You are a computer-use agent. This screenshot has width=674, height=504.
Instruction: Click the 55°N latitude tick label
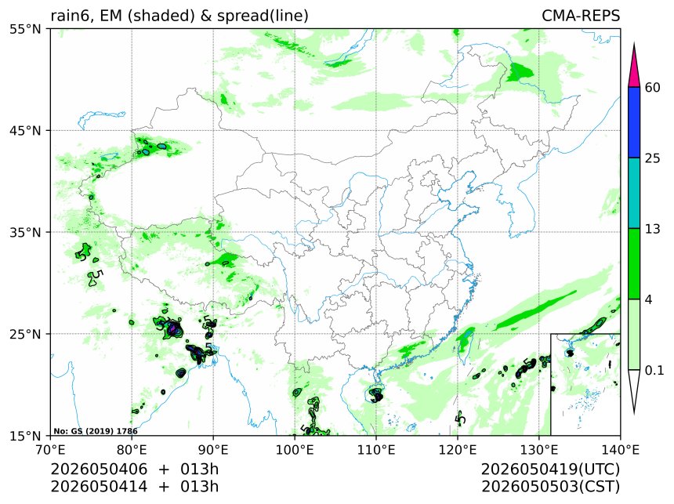click(x=24, y=29)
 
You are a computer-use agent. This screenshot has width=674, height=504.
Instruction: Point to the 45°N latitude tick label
click(x=24, y=131)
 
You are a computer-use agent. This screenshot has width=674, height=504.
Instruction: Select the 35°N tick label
click(x=24, y=233)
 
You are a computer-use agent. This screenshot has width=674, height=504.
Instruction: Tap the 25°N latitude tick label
click(x=24, y=334)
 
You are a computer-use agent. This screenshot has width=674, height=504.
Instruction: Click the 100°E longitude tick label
click(x=295, y=450)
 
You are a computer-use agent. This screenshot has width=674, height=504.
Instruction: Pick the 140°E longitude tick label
click(x=620, y=450)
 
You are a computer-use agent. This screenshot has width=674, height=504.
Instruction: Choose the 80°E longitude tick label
click(x=132, y=450)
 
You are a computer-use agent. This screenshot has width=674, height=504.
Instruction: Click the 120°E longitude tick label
click(x=458, y=450)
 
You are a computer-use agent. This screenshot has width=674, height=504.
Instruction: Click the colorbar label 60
click(x=653, y=88)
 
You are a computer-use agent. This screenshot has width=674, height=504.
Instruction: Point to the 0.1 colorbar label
click(x=654, y=370)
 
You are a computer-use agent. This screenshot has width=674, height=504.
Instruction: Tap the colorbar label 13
click(x=653, y=229)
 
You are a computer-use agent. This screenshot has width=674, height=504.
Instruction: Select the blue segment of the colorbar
click(x=634, y=122)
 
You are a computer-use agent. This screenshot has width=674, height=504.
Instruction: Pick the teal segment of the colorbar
click(x=634, y=193)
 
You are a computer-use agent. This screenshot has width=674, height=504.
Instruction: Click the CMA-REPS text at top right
click(x=581, y=16)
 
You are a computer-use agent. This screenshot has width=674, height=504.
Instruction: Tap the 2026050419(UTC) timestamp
click(x=551, y=470)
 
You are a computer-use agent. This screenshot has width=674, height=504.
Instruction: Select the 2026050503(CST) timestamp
click(x=551, y=487)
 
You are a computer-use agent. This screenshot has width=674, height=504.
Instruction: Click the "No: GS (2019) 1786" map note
click(x=96, y=431)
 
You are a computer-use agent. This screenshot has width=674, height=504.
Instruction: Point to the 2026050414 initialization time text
click(x=99, y=487)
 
